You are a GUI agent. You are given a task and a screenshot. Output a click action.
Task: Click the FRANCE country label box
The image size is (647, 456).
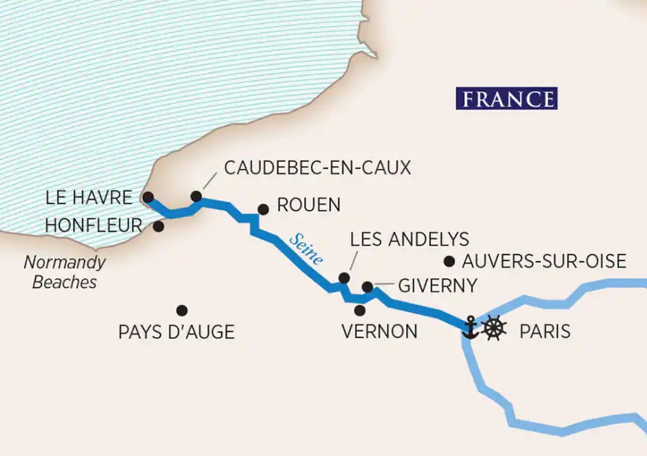coord(506,98)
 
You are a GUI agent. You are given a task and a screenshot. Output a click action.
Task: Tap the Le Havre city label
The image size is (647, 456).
coord(88,197)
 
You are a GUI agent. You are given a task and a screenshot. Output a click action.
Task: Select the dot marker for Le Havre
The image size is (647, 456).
coord(147,197)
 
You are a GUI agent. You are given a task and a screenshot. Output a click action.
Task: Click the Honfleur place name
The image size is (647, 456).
coord(93,225)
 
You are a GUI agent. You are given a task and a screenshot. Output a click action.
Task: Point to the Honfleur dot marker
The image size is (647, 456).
coord(158,226)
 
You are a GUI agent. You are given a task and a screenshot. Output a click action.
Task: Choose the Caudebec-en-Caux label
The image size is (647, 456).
coord(317,168)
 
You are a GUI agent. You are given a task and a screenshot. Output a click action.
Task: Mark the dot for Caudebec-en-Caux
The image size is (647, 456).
coord(196,196)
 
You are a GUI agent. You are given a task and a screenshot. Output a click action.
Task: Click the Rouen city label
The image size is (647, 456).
coord(308,205)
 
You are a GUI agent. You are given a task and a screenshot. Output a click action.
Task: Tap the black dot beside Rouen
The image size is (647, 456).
coord(263,210)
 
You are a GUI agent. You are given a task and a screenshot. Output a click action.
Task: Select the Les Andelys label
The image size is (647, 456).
coord(409,239)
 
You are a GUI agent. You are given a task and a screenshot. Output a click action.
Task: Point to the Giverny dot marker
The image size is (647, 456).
coord(367,287)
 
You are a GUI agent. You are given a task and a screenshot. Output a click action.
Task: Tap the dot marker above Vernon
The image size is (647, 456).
coord(360,310)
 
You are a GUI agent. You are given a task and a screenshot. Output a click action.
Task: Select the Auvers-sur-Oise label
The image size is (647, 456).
coord(555,262)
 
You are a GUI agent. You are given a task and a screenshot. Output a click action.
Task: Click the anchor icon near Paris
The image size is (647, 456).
coord(470,327)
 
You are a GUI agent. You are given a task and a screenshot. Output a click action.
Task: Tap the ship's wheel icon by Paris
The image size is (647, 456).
coord(494,327)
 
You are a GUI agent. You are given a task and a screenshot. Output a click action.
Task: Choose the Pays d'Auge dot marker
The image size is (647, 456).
coord(182,310)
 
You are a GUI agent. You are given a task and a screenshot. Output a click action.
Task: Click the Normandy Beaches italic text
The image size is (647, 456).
coord(64,272)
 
